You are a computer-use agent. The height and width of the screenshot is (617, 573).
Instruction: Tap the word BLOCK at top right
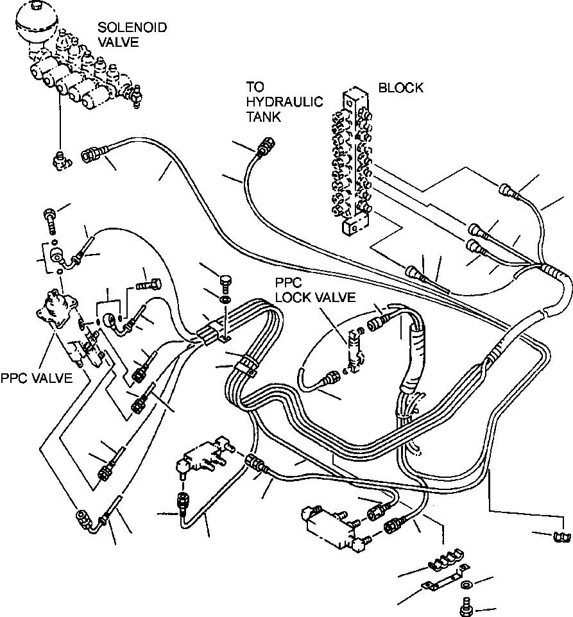click(x=400, y=88)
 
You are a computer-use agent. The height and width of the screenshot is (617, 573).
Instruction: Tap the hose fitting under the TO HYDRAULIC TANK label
click(x=264, y=148)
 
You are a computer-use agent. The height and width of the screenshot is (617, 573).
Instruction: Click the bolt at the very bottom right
click(x=466, y=604)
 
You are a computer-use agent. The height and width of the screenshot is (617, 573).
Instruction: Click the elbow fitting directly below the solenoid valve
click(x=60, y=158)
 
